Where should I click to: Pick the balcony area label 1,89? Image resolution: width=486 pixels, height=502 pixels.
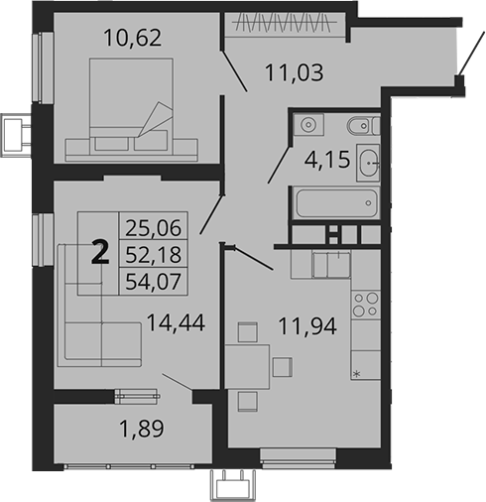pos(131,431)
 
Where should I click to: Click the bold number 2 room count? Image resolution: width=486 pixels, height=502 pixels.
pos(99,254)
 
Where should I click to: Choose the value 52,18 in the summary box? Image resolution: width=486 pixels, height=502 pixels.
pos(148,256)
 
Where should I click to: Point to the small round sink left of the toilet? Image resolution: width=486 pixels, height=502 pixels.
pos(308,124)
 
